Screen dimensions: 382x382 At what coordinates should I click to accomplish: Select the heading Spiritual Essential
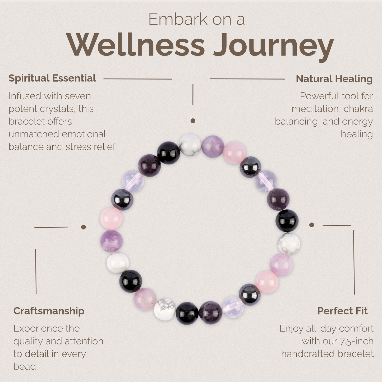click(x=52, y=78)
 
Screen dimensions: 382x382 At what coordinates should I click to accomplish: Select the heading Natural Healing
click(x=334, y=79)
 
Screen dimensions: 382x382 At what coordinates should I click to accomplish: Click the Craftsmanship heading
click(x=49, y=311)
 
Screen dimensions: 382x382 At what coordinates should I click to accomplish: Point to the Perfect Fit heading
click(x=342, y=311)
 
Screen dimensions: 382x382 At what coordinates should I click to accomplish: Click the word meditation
click(x=314, y=109)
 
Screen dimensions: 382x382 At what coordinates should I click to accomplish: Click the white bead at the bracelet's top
click(x=190, y=145)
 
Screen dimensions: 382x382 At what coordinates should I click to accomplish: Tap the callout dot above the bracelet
click(x=193, y=121)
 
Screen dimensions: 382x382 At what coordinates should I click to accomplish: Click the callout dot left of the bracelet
click(x=84, y=227)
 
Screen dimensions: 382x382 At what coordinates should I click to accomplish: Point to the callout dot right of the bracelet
click(x=312, y=225)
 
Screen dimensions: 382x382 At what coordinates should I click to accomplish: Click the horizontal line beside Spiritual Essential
click(x=137, y=79)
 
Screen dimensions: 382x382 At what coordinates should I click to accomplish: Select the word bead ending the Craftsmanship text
click(x=25, y=366)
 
